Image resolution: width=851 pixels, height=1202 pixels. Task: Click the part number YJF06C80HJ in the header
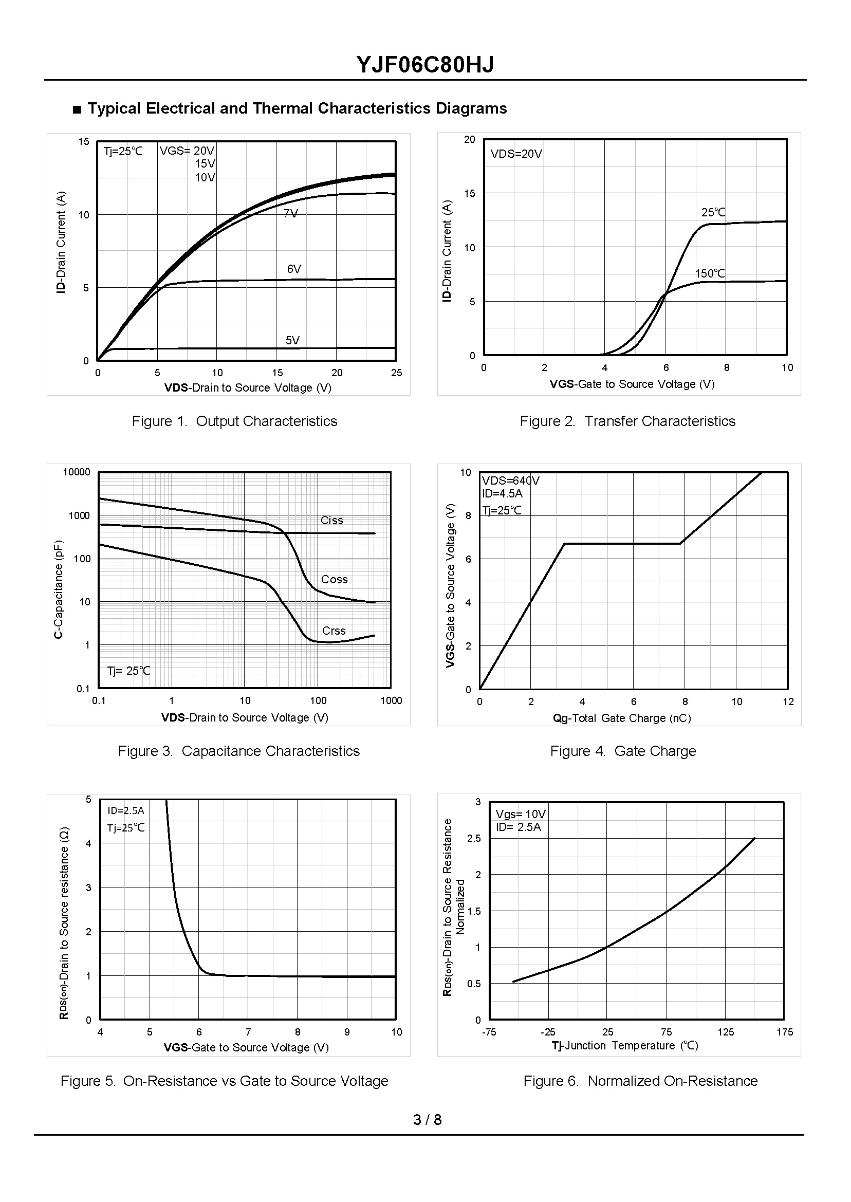point(425,65)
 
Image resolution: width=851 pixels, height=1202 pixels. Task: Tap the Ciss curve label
point(331,520)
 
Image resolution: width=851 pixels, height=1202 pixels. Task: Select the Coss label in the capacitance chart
point(335,579)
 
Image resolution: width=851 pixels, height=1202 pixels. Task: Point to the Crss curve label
point(334,631)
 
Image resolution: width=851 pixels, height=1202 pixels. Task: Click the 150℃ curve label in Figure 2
point(710,273)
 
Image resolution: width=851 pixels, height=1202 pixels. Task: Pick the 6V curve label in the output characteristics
point(294,269)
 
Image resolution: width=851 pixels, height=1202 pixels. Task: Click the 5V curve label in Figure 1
point(292,341)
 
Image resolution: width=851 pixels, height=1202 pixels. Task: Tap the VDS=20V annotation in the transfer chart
point(516,154)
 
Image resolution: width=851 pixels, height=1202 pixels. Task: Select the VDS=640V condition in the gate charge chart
point(510,480)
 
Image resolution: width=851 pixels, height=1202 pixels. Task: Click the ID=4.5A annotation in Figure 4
point(502,493)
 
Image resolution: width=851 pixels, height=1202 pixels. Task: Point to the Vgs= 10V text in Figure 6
point(521,814)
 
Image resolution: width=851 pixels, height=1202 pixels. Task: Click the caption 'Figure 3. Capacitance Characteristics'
point(239,751)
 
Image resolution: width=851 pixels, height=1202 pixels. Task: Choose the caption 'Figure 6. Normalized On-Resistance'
point(640,1081)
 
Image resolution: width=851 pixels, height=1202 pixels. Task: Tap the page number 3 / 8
point(427,1120)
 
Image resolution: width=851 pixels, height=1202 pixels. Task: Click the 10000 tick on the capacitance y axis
point(77,472)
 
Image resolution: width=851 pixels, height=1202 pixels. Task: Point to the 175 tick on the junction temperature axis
point(784,1032)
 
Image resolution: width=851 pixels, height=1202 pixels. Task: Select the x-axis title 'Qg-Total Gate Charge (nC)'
point(622,718)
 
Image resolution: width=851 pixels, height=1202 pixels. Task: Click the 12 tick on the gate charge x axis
point(788,702)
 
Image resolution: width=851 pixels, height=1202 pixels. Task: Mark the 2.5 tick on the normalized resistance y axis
point(474,839)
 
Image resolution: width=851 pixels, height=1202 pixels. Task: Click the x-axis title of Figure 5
point(246,1047)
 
